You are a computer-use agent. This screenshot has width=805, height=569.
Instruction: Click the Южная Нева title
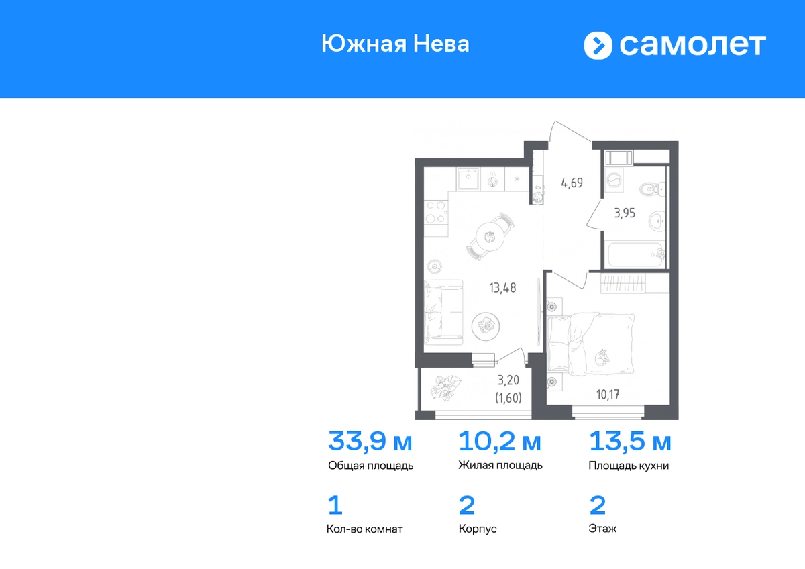395,44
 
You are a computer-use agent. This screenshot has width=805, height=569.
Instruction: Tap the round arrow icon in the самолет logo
598,45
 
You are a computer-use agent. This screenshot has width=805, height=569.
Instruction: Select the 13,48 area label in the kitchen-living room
502,288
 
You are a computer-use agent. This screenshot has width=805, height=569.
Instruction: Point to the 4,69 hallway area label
572,183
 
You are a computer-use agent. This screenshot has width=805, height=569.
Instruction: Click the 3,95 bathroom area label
625,213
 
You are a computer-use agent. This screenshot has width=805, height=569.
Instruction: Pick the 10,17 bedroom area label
608,395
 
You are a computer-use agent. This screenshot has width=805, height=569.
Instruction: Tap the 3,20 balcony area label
508,380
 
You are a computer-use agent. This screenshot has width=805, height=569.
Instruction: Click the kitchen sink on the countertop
468,178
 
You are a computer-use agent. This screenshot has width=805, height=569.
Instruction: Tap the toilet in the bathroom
652,189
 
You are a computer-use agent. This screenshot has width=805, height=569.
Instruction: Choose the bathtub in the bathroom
635,254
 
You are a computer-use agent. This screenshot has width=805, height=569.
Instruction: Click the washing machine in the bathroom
614,179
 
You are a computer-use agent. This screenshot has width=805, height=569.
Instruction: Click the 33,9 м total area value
370,442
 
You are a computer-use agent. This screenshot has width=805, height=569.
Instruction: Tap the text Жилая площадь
500,466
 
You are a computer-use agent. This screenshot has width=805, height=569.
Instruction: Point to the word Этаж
602,528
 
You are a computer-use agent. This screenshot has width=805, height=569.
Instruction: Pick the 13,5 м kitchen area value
630,442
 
